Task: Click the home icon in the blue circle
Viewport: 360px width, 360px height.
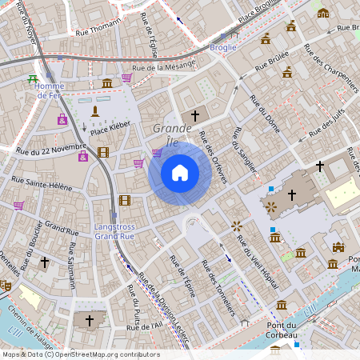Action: click(180, 173)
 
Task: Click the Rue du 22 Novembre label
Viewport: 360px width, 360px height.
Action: click(50, 148)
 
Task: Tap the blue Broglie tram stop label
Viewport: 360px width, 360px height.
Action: click(223, 47)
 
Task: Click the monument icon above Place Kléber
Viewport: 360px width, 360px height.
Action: click(95, 110)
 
